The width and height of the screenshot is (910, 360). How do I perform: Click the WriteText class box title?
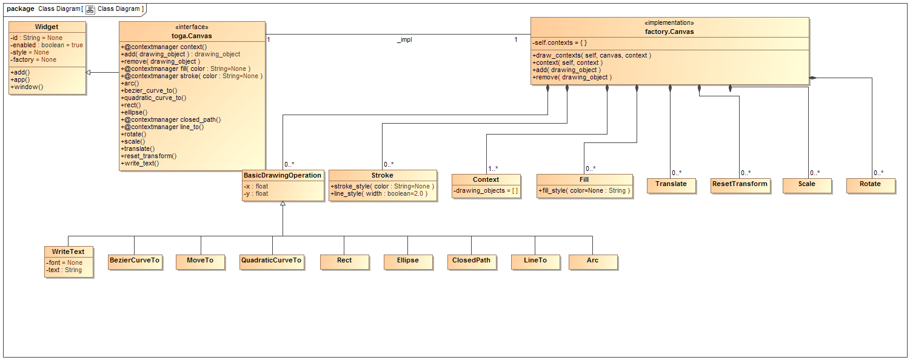pyautogui.click(x=69, y=252)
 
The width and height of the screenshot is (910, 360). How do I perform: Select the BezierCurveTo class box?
pyautogui.click(x=135, y=261)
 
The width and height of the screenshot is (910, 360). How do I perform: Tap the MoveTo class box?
pyautogui.click(x=200, y=261)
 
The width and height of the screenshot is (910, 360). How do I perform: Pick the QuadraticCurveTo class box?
pyautogui.click(x=271, y=261)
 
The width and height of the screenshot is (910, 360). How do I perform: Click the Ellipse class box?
pyautogui.click(x=407, y=261)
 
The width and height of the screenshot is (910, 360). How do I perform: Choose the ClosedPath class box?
pyautogui.click(x=471, y=261)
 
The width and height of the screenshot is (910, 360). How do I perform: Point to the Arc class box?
pyautogui.click(x=592, y=261)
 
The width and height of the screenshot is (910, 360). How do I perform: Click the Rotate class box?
pyautogui.click(x=870, y=184)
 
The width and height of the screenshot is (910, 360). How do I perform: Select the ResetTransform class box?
pyautogui.click(x=740, y=184)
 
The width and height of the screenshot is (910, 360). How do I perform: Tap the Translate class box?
pyautogui.click(x=671, y=184)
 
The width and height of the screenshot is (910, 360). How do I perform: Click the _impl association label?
pyautogui.click(x=404, y=40)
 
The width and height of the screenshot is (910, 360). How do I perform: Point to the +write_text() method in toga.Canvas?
pyautogui.click(x=141, y=164)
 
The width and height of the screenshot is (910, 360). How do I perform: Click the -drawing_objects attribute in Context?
pyautogui.click(x=486, y=191)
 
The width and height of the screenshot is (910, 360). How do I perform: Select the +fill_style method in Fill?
pyautogui.click(x=584, y=191)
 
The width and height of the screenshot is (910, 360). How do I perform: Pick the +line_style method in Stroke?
pyautogui.click(x=379, y=194)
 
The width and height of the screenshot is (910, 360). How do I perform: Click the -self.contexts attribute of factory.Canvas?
pyautogui.click(x=560, y=43)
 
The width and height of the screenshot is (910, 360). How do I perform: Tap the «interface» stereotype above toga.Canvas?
pyautogui.click(x=192, y=27)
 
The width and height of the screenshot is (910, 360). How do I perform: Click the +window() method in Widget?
pyautogui.click(x=27, y=87)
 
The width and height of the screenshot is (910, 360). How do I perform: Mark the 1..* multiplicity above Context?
pyautogui.click(x=493, y=169)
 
